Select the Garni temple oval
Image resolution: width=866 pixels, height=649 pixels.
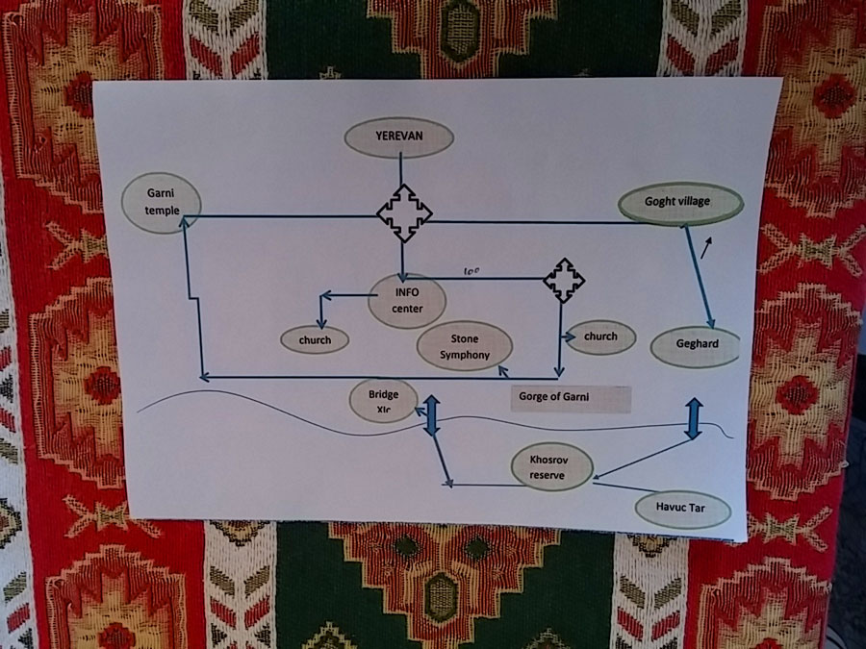tap(162, 205)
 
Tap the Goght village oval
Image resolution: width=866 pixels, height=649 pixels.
tap(680, 204)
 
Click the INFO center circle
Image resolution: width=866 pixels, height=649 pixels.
tap(407, 300)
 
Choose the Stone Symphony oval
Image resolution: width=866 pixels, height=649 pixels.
tap(465, 347)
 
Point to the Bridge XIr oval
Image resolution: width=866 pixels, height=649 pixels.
tap(383, 401)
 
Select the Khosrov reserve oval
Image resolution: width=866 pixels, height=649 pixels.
tap(552, 467)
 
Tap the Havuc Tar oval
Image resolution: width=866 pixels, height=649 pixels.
tap(684, 508)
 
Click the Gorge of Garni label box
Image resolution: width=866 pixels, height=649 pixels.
tap(571, 398)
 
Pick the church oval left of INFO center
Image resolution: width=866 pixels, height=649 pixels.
tap(315, 339)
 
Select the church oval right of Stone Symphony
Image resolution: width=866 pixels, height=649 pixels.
tap(600, 337)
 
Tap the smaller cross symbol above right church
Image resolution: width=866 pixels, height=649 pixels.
tap(564, 280)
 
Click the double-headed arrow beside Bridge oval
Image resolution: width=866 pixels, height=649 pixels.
tap(431, 414)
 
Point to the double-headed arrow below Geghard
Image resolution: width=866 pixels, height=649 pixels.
tap(692, 418)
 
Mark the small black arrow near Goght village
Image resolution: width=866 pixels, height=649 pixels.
tap(707, 249)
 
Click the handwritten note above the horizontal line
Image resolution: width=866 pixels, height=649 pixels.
tap(471, 271)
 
